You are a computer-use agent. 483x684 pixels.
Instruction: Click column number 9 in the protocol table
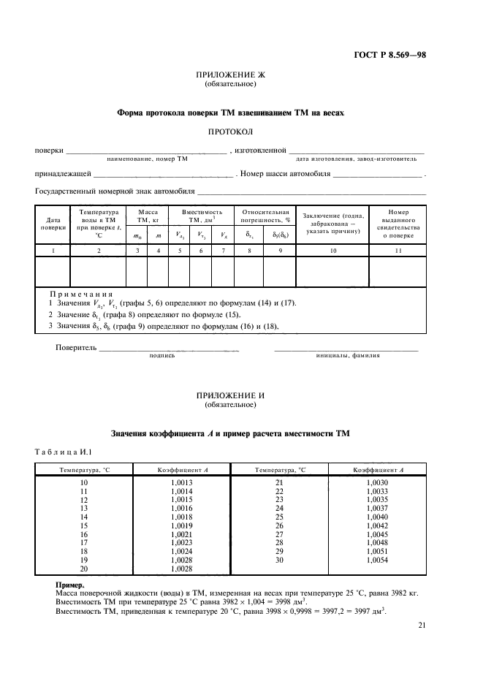(x=279, y=251)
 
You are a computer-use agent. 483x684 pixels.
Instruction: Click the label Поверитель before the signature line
(x=76, y=347)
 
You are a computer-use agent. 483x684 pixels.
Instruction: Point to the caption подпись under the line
(x=161, y=356)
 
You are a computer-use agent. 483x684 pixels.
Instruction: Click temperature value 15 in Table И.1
(x=82, y=525)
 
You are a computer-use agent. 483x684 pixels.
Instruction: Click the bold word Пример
(x=69, y=585)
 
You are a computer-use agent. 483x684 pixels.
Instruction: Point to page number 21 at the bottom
(x=422, y=625)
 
